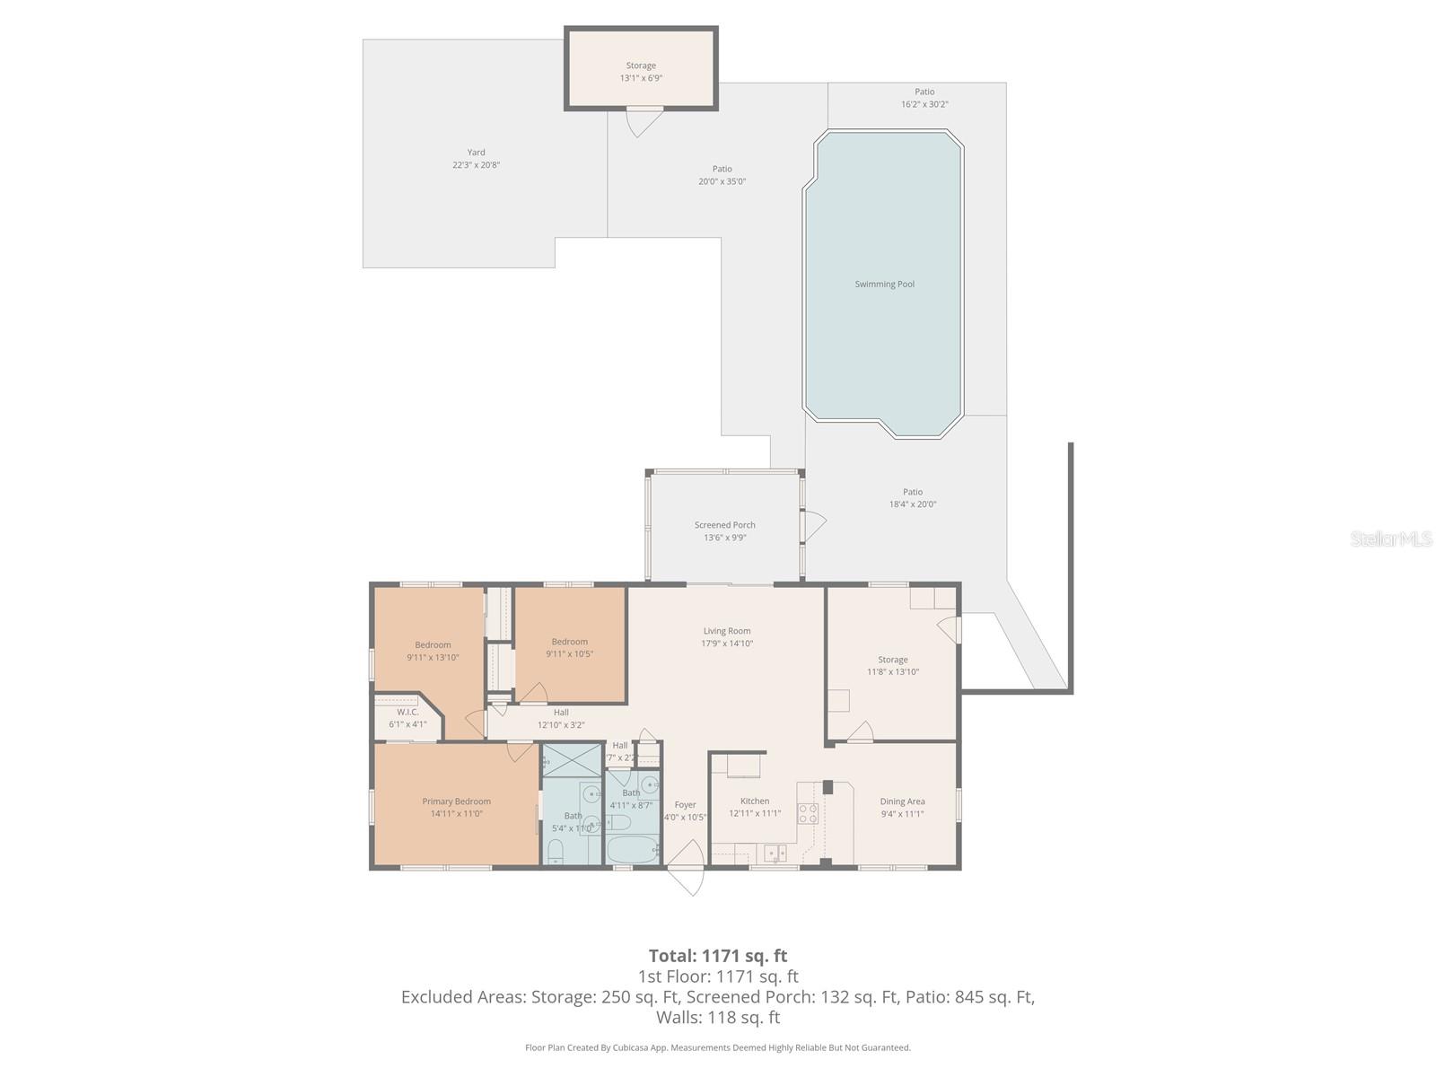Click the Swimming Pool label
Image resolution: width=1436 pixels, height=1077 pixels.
point(884,285)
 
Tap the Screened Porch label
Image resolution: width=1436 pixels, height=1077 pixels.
point(724,525)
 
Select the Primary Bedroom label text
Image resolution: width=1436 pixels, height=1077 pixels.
point(456,801)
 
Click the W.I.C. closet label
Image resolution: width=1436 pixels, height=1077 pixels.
point(407,712)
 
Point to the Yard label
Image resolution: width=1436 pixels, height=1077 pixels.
point(476,153)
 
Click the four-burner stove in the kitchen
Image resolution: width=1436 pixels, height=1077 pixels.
point(808,813)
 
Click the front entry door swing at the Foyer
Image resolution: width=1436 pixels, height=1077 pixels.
point(687,869)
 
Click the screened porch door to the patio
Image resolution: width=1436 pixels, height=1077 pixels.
point(814,527)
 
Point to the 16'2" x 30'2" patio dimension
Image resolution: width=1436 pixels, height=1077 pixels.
point(924,104)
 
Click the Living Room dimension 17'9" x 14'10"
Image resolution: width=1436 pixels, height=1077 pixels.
point(726,644)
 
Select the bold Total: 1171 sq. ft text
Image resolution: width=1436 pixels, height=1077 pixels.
point(717,956)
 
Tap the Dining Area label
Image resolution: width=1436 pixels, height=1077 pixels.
point(902,801)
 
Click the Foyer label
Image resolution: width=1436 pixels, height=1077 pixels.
point(685,805)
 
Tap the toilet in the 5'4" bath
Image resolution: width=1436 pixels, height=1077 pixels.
point(555,850)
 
